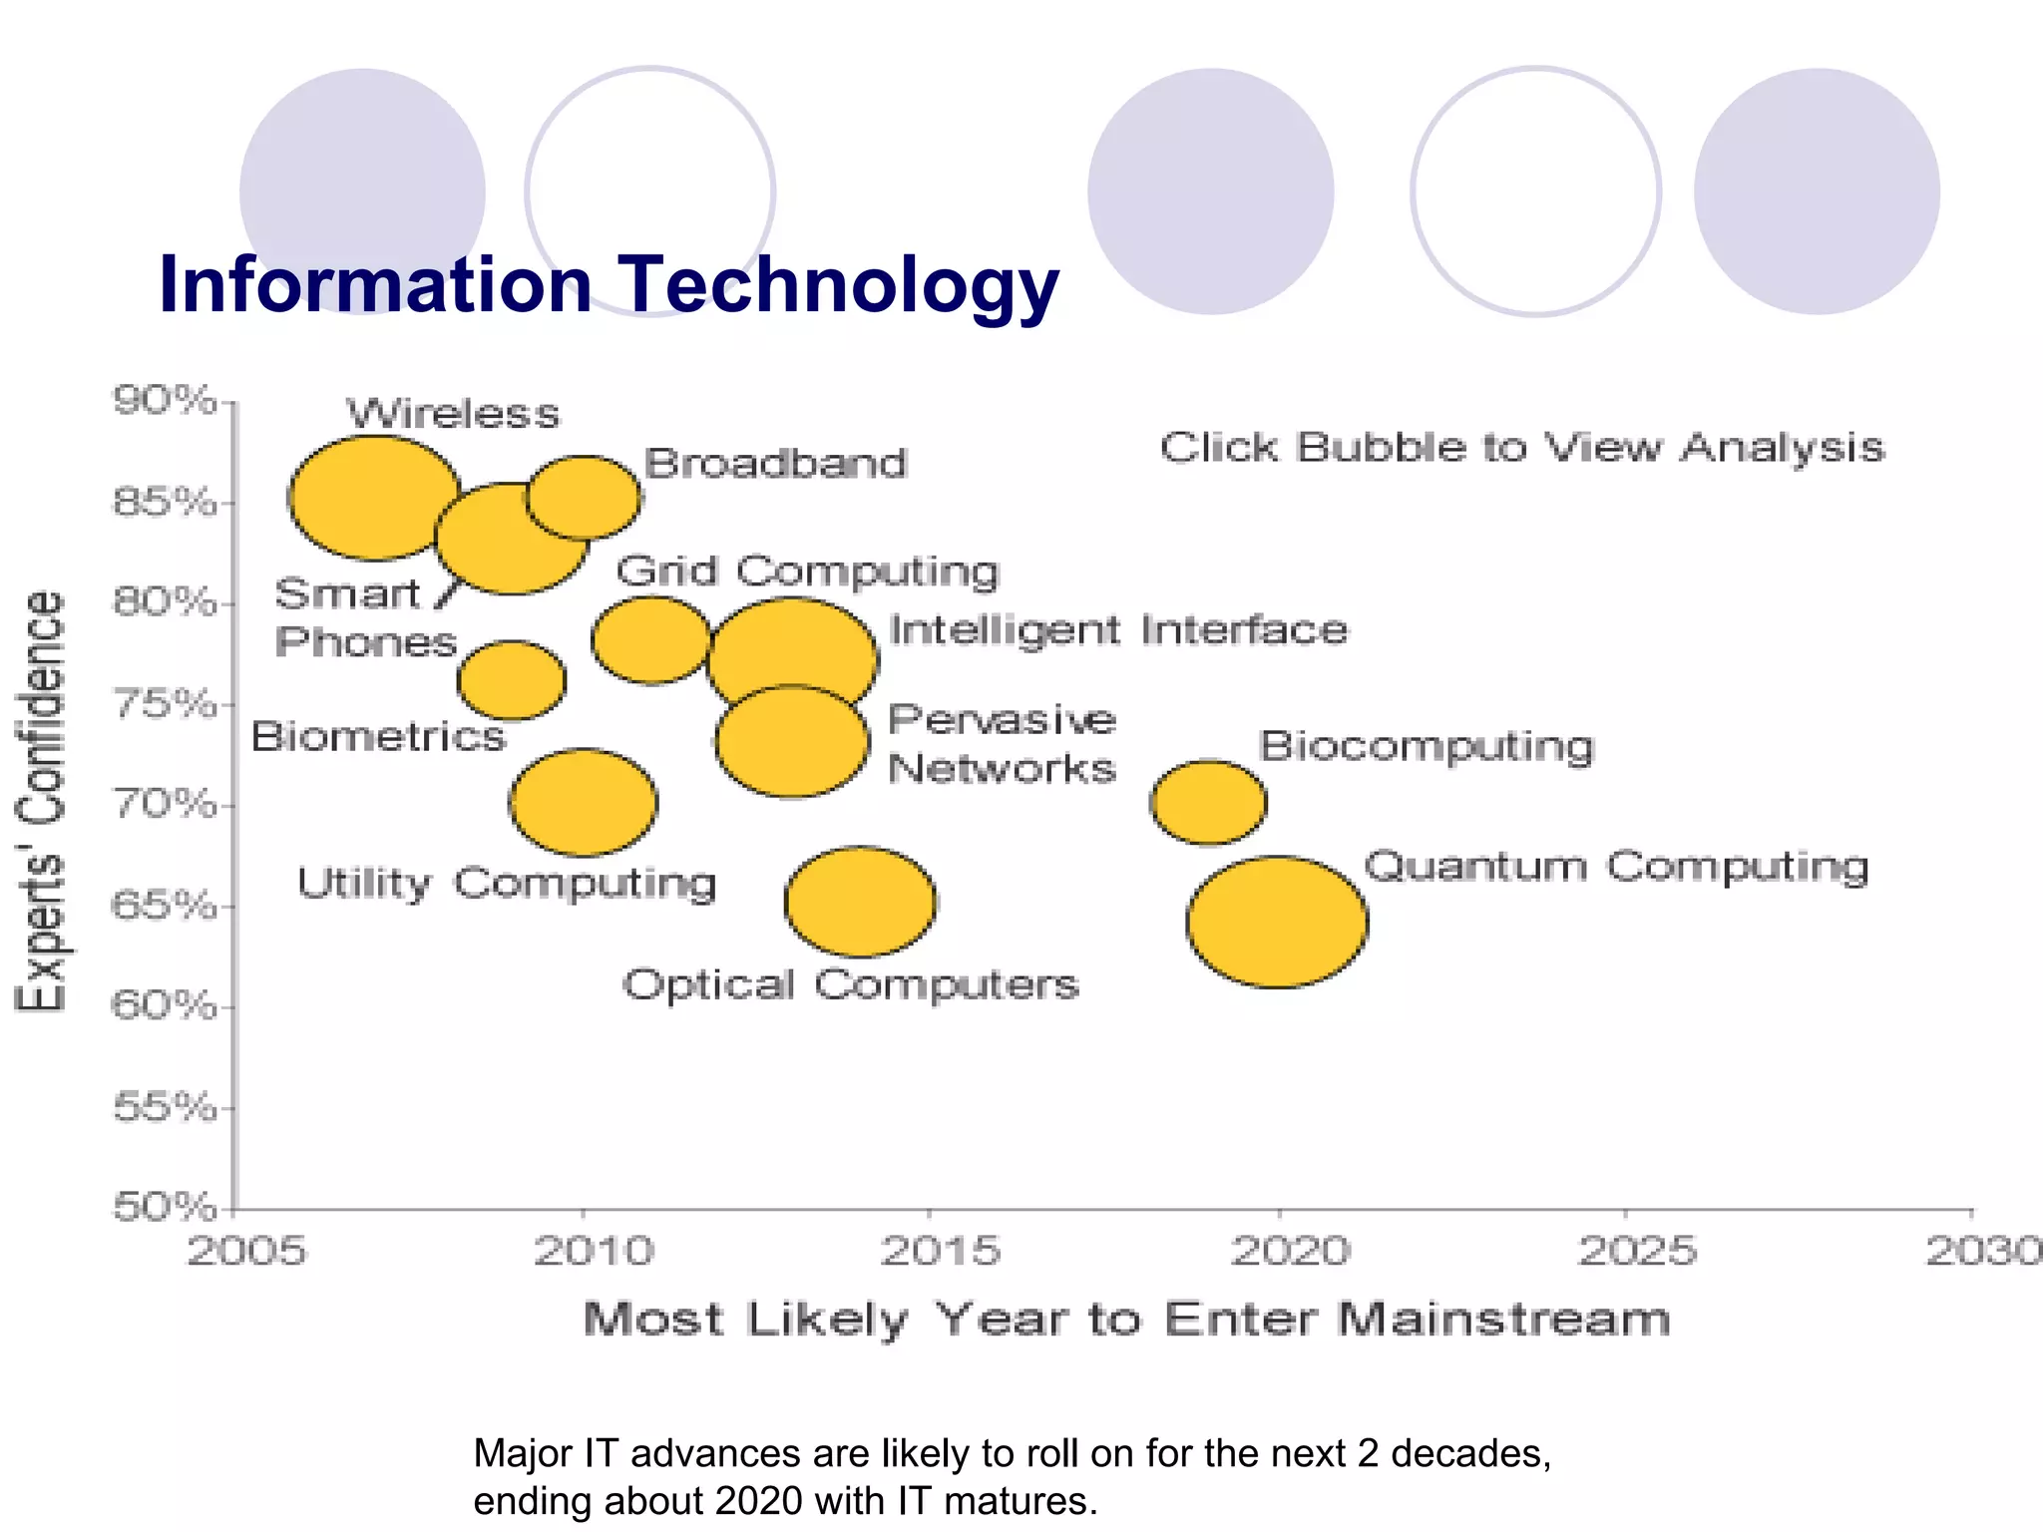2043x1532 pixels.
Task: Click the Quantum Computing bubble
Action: coord(1277,923)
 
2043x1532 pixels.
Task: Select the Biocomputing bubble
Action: coord(1208,803)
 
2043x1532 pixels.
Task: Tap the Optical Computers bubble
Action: coord(860,903)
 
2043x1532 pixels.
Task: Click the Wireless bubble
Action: coord(374,497)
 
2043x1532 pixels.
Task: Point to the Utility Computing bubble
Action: coord(584,803)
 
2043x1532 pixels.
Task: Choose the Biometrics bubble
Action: coord(512,681)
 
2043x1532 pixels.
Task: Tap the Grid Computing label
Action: coord(806,572)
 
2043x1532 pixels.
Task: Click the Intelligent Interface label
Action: coord(1118,630)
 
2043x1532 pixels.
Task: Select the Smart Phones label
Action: coord(365,618)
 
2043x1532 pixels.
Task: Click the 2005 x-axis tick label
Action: coord(246,1251)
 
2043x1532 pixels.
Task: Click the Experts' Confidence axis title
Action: coord(41,803)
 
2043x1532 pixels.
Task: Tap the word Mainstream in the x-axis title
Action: coord(1503,1320)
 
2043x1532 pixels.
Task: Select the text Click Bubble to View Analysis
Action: coord(1521,448)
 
